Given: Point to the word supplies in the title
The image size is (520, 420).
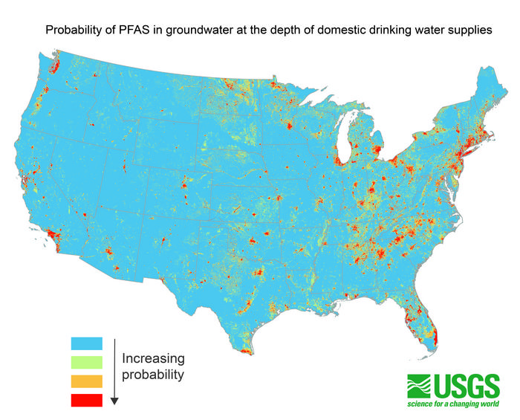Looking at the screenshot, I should point(466,30).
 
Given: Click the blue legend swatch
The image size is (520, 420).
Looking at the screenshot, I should point(86,343).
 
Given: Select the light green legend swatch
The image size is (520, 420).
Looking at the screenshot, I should point(86,363).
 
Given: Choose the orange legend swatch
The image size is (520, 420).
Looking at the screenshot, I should point(86,381).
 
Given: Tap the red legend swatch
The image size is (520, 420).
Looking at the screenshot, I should point(86,401).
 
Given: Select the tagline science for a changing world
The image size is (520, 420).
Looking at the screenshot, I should point(452,406).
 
